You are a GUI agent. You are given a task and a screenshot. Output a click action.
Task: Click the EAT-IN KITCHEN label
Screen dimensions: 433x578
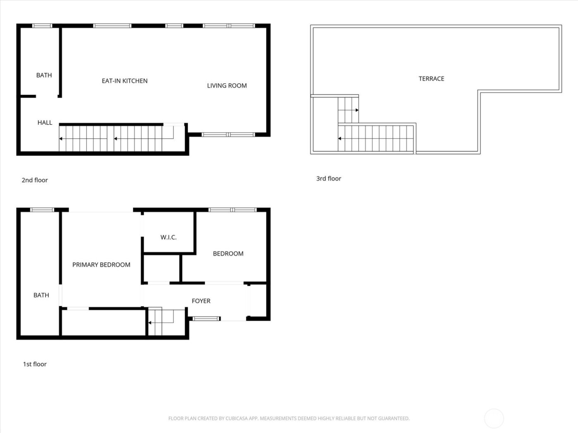(124, 81)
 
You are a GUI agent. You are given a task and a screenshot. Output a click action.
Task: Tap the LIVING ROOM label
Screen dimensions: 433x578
(227, 86)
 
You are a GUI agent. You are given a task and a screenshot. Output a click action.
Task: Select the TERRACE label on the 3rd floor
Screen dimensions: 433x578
(431, 79)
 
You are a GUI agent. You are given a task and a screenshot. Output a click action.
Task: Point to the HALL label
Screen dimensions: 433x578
(45, 122)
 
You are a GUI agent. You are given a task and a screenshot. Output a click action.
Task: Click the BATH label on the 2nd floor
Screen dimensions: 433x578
(44, 75)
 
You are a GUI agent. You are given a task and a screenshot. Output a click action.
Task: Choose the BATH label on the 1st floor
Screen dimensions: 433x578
(41, 295)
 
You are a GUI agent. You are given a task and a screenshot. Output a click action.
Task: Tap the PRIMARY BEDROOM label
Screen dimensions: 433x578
(101, 265)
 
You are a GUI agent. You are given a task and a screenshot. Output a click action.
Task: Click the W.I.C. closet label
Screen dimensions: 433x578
(168, 237)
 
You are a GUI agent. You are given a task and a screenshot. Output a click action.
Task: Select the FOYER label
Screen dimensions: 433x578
(201, 301)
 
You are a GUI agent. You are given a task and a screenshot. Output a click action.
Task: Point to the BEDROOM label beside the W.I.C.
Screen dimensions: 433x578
(228, 254)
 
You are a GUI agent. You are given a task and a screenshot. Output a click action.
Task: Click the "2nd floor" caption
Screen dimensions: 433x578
(35, 180)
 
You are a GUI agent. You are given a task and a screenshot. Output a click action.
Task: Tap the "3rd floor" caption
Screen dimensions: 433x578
(329, 179)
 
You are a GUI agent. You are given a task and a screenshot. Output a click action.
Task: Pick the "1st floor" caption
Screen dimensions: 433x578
(35, 364)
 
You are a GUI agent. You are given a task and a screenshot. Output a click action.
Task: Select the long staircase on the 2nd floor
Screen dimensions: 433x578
(116, 139)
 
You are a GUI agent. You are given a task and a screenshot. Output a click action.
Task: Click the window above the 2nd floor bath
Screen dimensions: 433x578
(42, 26)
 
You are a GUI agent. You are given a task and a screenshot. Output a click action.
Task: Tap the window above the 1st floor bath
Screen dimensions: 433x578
(42, 210)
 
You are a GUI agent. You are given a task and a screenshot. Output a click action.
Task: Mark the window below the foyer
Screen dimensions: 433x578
(206, 318)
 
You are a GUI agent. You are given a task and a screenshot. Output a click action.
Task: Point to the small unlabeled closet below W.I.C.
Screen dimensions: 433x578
(161, 268)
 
